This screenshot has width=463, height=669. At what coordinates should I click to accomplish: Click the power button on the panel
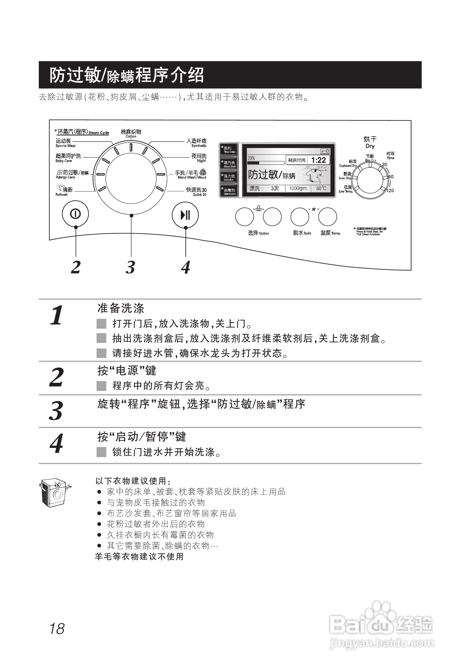tap(75, 214)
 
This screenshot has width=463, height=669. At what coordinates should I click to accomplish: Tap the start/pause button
tap(185, 215)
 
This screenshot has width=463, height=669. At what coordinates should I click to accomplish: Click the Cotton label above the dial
tap(131, 133)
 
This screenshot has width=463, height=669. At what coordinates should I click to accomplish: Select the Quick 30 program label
tap(196, 191)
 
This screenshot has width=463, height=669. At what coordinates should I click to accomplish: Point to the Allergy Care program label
tap(72, 175)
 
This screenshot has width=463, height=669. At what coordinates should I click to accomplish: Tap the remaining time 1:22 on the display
tap(318, 160)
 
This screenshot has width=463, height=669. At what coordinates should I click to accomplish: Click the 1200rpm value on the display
tap(298, 188)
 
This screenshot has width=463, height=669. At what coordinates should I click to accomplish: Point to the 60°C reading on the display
tap(321, 188)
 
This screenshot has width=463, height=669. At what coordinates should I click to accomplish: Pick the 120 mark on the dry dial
tap(390, 190)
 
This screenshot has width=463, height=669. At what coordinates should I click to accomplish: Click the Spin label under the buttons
tap(302, 233)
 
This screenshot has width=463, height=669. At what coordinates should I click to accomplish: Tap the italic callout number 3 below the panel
tap(131, 267)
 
